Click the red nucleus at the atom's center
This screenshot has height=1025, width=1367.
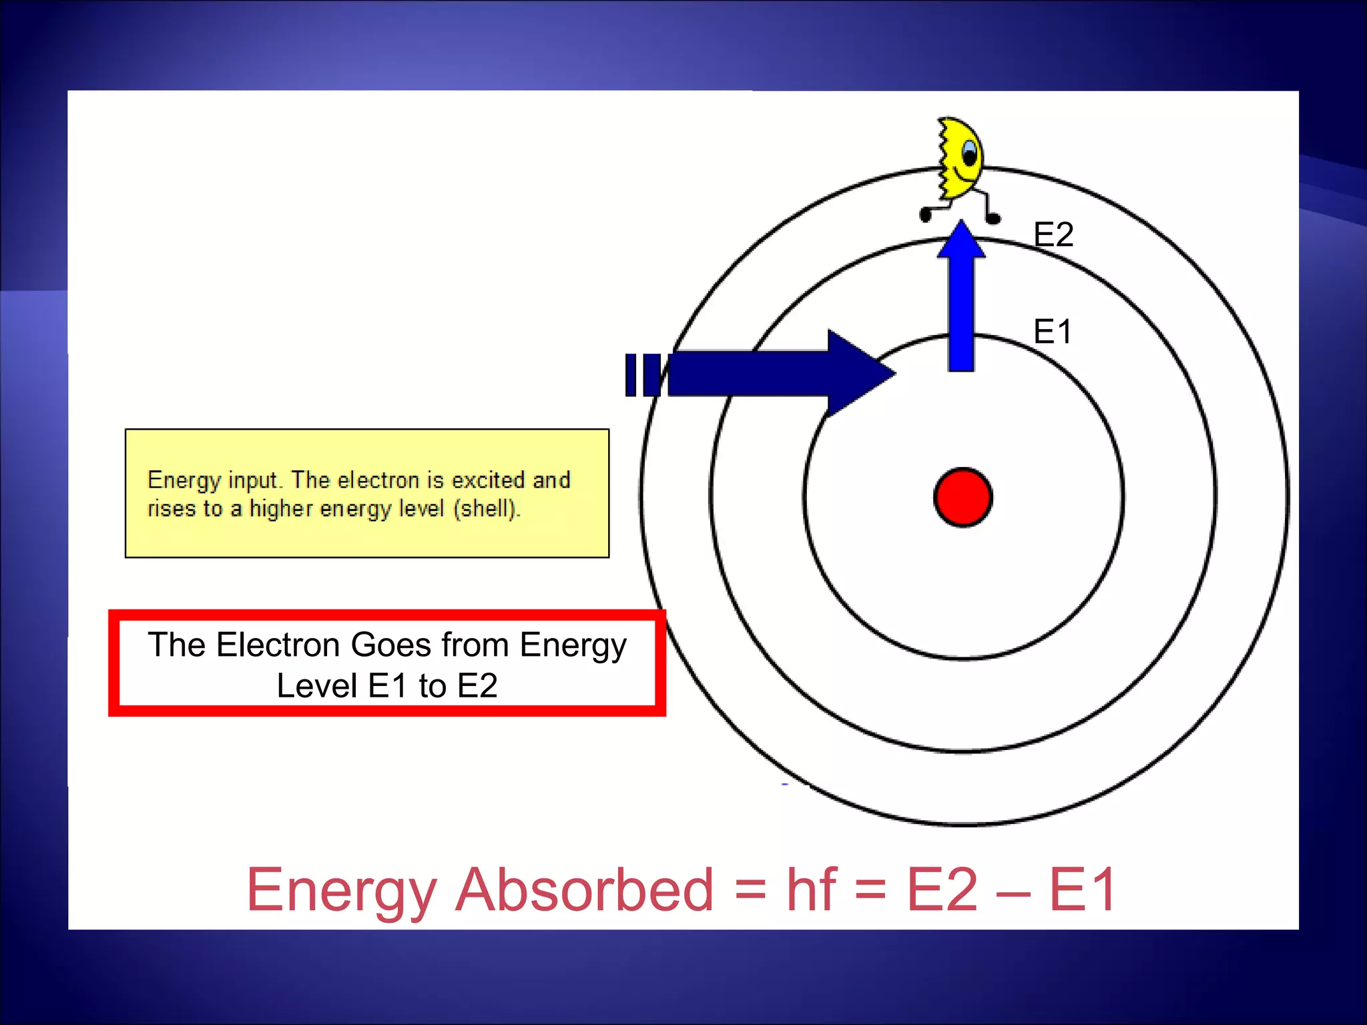963,498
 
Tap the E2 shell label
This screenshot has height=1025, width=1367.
1053,235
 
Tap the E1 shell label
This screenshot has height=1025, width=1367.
1052,332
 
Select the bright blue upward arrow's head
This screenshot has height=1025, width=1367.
961,240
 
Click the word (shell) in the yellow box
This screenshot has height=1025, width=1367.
486,509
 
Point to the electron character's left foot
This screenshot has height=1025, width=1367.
926,215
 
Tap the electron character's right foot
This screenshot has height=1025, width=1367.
993,218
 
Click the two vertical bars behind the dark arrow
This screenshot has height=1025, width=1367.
642,375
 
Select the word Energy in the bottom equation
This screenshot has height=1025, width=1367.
342,891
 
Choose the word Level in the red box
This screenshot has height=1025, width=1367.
317,686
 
